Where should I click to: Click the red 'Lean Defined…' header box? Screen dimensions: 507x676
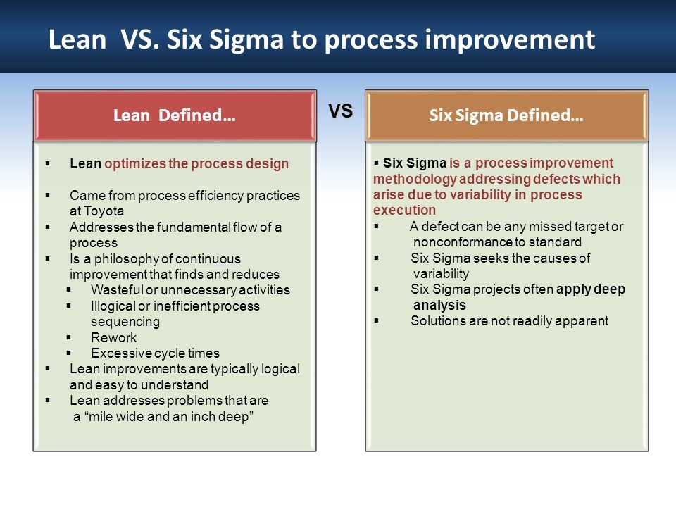[x=174, y=116]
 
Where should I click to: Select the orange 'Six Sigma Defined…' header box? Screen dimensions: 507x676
[x=506, y=116]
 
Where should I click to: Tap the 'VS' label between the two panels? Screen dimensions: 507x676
[x=341, y=111]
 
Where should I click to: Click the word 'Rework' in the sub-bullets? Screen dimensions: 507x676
[x=114, y=337]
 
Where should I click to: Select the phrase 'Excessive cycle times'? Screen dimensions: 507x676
[x=155, y=353]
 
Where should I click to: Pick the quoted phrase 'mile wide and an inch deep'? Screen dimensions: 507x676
[x=163, y=416]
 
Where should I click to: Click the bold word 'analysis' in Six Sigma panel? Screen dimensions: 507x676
[x=439, y=305]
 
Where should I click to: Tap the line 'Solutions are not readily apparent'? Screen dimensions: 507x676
[x=509, y=321]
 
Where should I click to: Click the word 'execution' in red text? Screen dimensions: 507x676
[x=404, y=210]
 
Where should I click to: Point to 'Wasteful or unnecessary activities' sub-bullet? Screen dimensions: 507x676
[x=190, y=290]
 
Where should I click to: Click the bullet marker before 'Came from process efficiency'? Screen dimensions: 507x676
[x=48, y=195]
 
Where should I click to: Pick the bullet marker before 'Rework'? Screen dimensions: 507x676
[x=69, y=337]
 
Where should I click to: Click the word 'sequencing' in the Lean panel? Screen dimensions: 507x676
[x=125, y=322]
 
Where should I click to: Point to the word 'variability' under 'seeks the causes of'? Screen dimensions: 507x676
[x=441, y=273]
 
